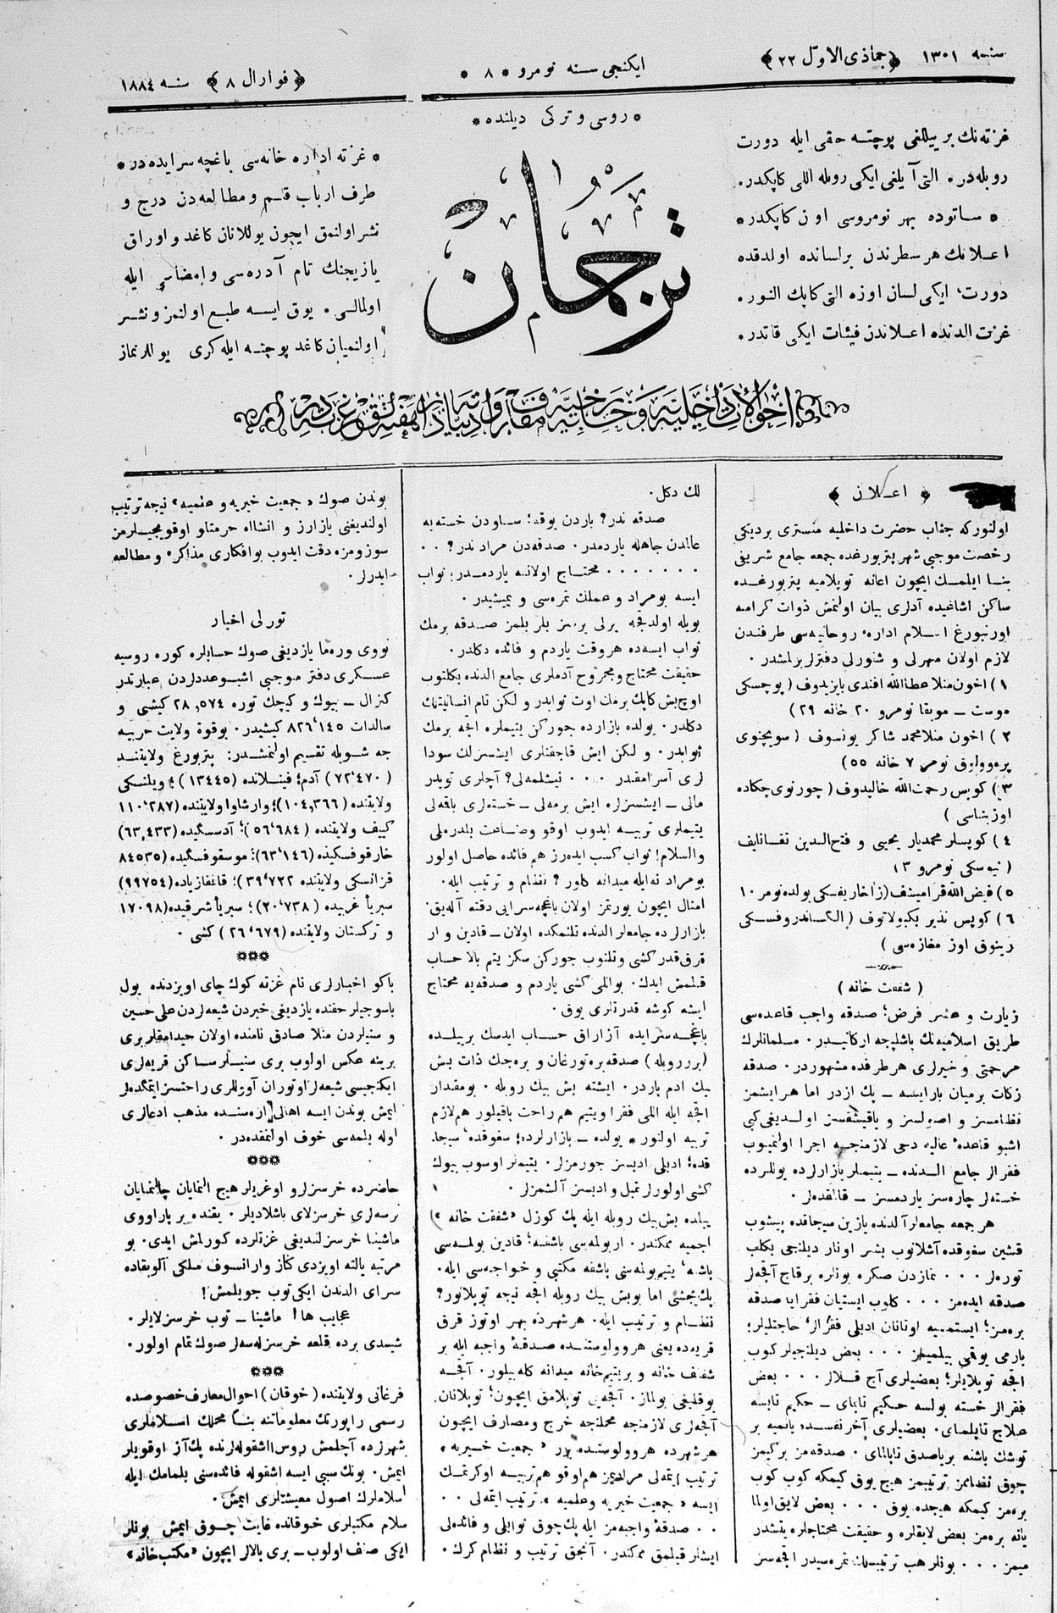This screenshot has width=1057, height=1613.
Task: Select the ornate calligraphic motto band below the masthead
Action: (542, 415)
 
